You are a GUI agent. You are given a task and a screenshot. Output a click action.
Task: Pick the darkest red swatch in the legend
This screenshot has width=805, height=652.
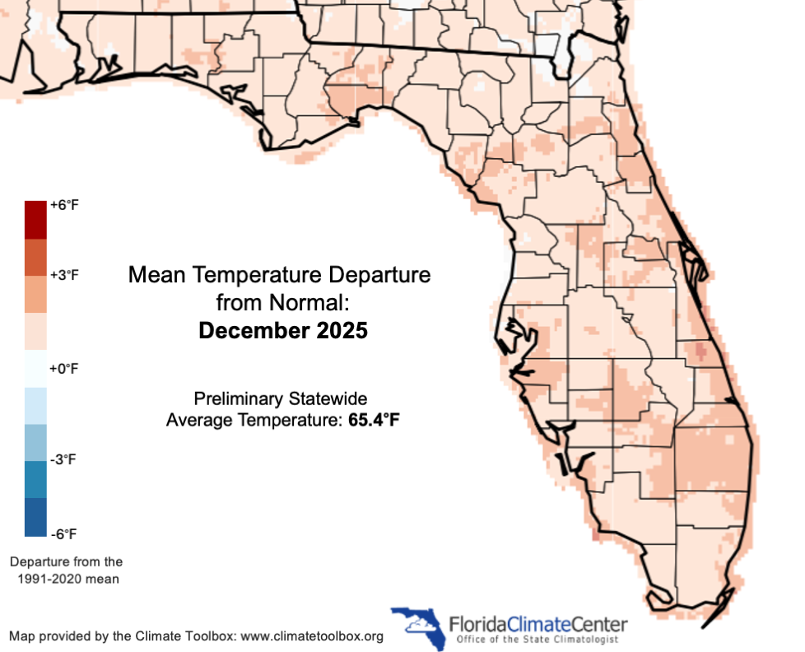coord(35,220)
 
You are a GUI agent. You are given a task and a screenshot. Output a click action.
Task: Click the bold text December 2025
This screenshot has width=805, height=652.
coord(282,331)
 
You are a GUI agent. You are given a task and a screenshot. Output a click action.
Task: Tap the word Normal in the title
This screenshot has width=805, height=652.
coord(316,302)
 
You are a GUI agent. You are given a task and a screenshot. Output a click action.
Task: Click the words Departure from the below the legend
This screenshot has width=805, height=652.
coord(66,562)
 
